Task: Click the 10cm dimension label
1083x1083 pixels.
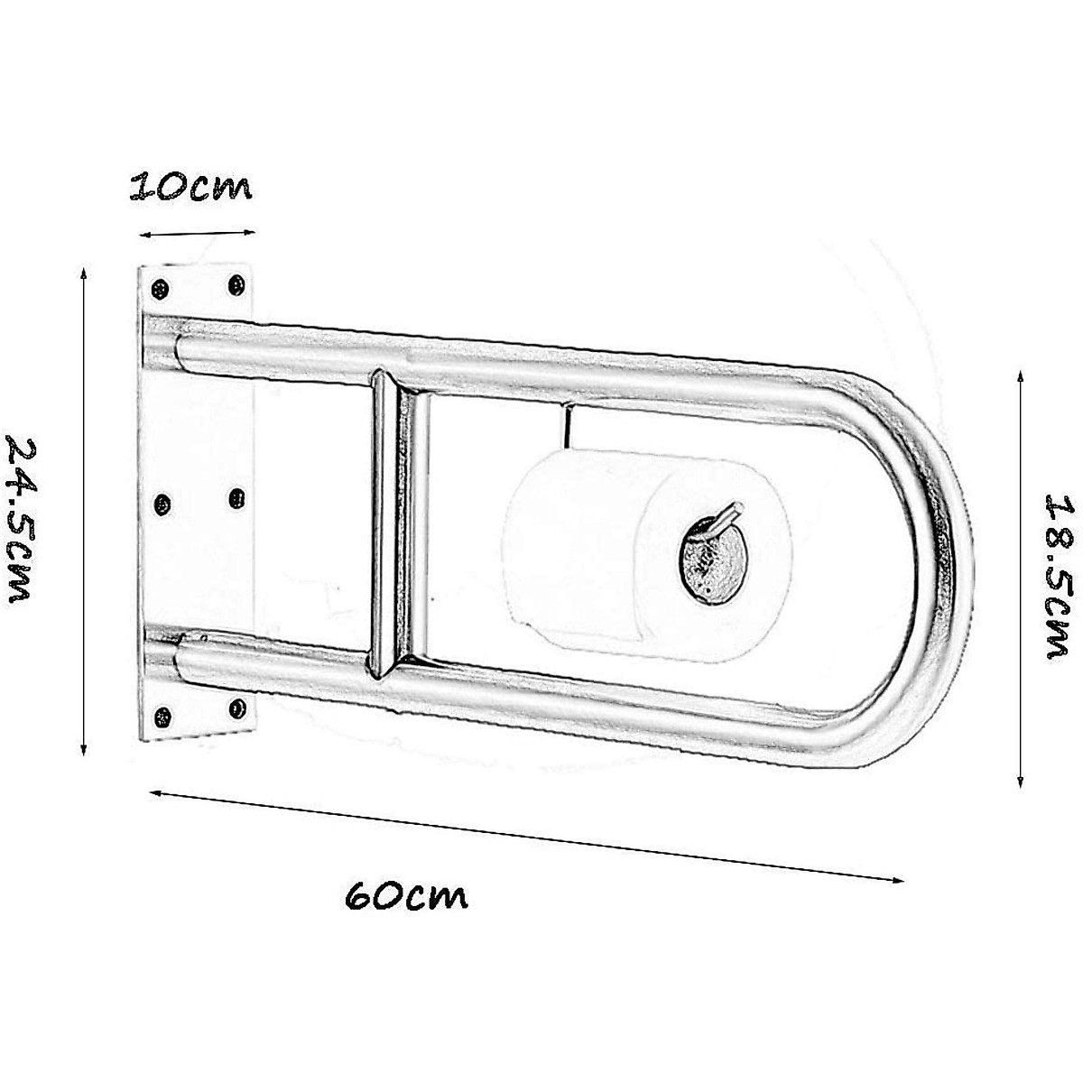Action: coord(191,187)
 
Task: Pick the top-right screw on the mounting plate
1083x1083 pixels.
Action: coord(238,285)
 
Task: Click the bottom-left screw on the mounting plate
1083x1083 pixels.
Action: coord(162,717)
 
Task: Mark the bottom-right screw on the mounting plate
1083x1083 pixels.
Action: coord(237,707)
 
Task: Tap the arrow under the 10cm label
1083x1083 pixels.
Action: coord(197,233)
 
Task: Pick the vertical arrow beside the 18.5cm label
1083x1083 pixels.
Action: coord(1020,578)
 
